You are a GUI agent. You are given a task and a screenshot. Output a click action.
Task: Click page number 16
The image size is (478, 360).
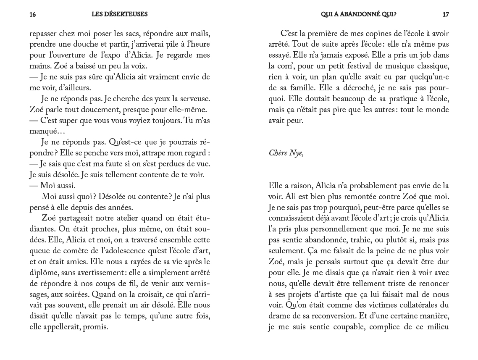tap(33, 14)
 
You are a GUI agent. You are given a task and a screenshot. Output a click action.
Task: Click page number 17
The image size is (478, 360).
tap(446, 14)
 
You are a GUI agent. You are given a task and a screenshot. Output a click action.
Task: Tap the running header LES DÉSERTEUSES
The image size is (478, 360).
tap(120, 14)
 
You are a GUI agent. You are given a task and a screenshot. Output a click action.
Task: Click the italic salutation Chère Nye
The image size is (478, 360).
tap(286, 153)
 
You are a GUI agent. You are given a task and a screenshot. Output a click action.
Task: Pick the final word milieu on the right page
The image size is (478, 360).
tap(437, 327)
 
